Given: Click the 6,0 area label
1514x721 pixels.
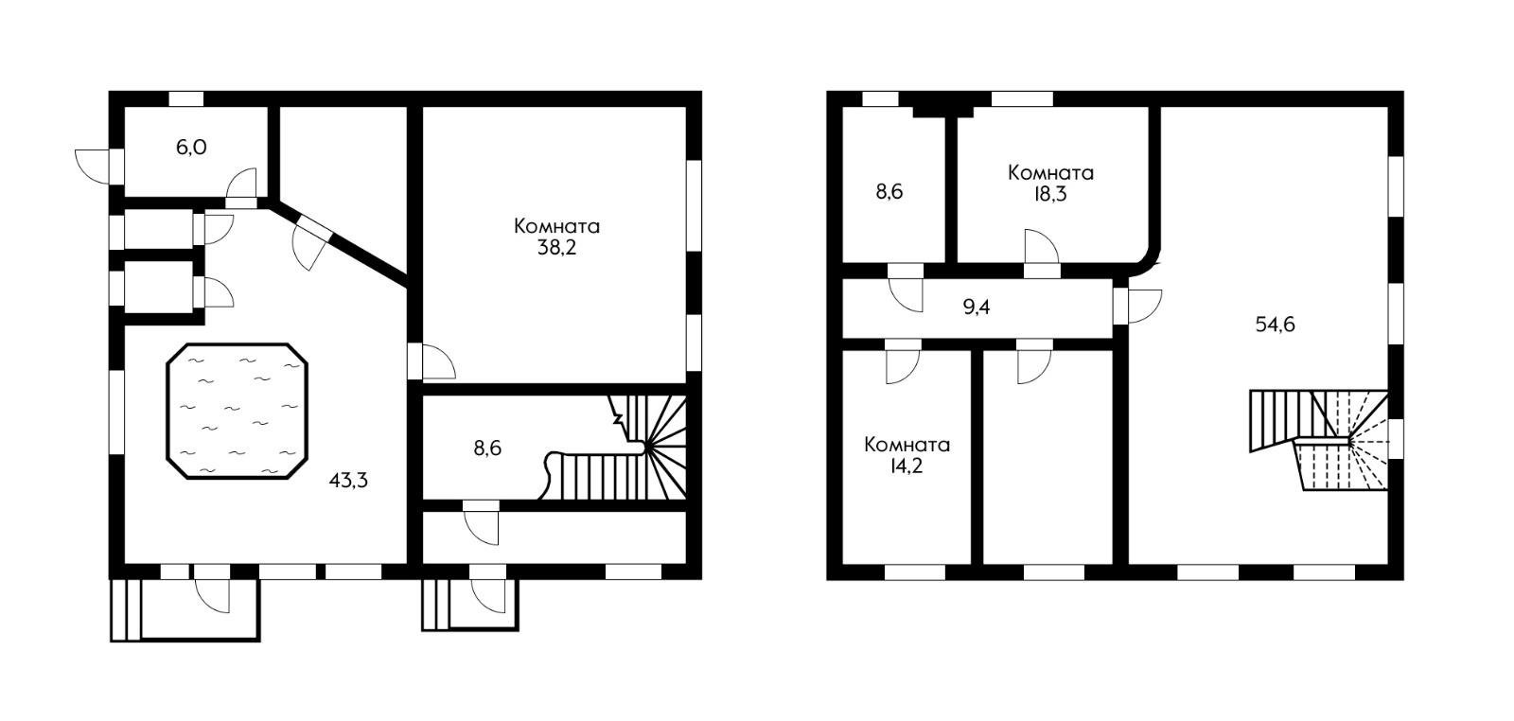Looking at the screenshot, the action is pyautogui.click(x=191, y=148).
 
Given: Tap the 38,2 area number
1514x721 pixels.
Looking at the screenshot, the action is pyautogui.click(x=557, y=248).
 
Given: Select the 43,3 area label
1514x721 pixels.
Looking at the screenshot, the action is pyautogui.click(x=348, y=481).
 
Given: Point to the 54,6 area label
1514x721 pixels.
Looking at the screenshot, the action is pyautogui.click(x=1275, y=325).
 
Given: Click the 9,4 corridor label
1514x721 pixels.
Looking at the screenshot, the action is pyautogui.click(x=976, y=308).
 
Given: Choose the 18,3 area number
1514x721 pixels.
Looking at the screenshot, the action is pyautogui.click(x=1050, y=195).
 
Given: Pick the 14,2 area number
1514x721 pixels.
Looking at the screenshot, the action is pyautogui.click(x=907, y=466).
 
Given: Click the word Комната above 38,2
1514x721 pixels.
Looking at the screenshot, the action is pyautogui.click(x=557, y=226).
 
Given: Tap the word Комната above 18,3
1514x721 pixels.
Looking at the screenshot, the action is pyautogui.click(x=1050, y=173).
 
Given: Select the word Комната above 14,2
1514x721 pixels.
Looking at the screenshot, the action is pyautogui.click(x=907, y=445).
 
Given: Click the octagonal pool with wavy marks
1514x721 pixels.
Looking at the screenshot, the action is pyautogui.click(x=238, y=411).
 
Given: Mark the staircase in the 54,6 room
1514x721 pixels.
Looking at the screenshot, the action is pyautogui.click(x=1319, y=439).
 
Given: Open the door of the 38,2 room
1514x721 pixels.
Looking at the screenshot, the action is pyautogui.click(x=432, y=362).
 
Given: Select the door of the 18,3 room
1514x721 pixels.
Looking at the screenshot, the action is pyautogui.click(x=1042, y=254).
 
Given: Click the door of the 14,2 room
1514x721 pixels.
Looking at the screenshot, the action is pyautogui.click(x=903, y=361).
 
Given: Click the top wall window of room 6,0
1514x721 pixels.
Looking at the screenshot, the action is pyautogui.click(x=185, y=98).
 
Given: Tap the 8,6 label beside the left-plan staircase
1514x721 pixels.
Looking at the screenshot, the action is pyautogui.click(x=487, y=448).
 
